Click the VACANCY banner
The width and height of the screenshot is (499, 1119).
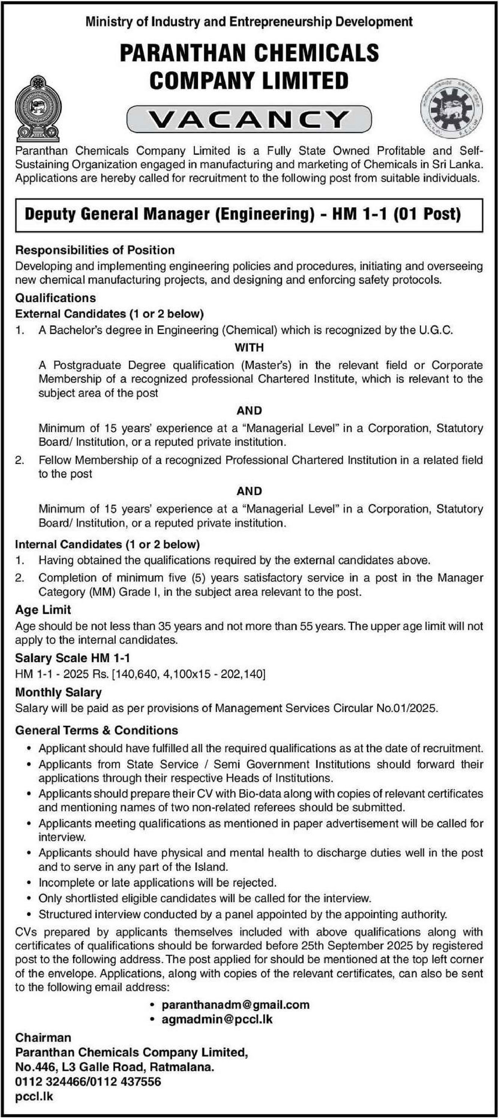pos(249,119)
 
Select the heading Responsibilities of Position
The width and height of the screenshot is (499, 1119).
pos(95,250)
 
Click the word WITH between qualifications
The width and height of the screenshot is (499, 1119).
pos(249,348)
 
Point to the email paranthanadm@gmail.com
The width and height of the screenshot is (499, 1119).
pos(235,1005)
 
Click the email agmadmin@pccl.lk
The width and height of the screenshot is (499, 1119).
pos(217,1019)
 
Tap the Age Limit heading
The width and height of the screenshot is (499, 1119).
pos(43,609)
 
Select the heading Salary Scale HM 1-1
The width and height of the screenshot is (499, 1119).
pos(72,658)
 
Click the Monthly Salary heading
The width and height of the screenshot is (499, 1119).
pos(58,692)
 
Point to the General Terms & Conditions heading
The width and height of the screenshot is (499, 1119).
pos(97,730)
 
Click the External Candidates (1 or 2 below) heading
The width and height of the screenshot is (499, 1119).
pos(109,314)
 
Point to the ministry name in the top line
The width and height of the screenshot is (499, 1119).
pos(249,21)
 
